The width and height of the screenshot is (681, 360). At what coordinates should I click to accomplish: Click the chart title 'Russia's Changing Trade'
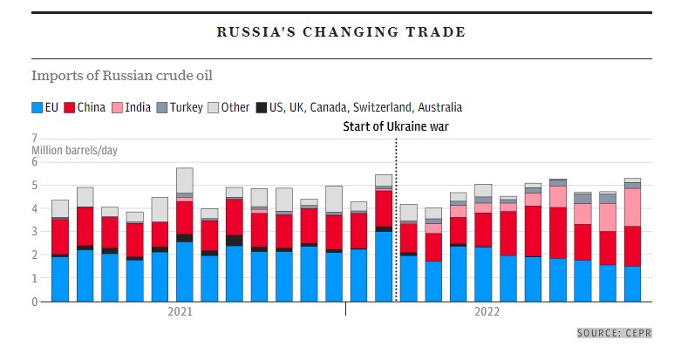(341, 32)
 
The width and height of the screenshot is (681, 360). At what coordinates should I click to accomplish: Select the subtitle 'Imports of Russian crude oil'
(121, 75)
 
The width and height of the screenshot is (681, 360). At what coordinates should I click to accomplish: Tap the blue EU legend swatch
(37, 107)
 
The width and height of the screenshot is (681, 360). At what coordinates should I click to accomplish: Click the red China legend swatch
(70, 107)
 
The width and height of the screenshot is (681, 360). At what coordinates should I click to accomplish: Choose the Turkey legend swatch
(161, 107)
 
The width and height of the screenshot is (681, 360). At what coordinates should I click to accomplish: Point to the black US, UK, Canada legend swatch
(262, 107)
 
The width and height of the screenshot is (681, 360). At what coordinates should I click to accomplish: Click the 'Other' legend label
(235, 107)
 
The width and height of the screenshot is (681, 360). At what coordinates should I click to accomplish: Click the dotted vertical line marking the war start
(397, 218)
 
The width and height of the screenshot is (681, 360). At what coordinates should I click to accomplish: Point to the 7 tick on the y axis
(34, 138)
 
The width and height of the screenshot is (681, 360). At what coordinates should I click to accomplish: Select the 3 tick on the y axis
(34, 232)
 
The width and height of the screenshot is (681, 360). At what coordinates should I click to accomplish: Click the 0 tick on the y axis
(34, 302)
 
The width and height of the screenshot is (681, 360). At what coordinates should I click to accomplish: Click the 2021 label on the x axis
(180, 310)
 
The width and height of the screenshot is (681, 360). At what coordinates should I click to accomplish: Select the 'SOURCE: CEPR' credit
(614, 333)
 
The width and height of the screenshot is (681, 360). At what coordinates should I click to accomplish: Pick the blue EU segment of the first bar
(60, 279)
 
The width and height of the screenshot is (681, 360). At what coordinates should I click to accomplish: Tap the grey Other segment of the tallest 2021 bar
(185, 180)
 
